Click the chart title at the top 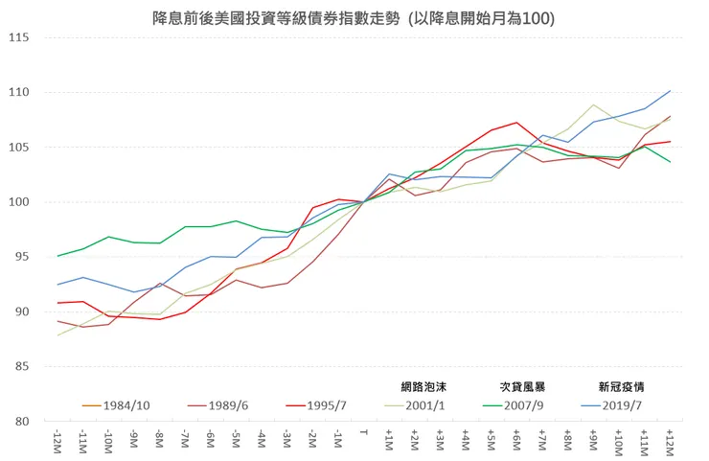354,18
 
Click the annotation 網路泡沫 423,387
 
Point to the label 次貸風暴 522,387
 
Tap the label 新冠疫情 620,387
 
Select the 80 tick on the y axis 21,422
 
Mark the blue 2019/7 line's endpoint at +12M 670,91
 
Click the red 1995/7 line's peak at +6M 516,123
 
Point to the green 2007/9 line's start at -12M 58,256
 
